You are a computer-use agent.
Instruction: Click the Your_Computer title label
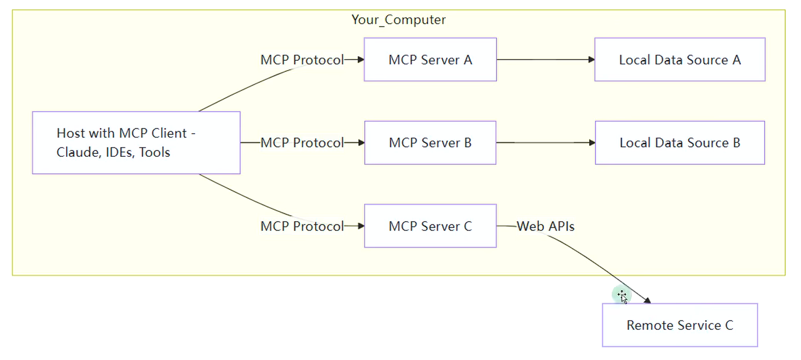tap(398, 20)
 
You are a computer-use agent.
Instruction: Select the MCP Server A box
tap(430, 60)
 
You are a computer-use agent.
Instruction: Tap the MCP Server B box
tap(430, 142)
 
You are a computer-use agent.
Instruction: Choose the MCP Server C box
tap(430, 226)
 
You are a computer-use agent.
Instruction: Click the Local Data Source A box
tap(680, 60)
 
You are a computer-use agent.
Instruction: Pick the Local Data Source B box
tap(680, 142)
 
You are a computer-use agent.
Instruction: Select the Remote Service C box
tap(680, 325)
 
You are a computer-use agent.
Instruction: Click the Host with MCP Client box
tap(136, 142)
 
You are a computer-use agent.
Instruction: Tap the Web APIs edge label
tap(546, 226)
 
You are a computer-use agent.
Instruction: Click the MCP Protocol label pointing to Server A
tap(302, 60)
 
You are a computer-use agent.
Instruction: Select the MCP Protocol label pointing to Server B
tap(302, 142)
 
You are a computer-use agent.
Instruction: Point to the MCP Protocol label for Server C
tap(302, 226)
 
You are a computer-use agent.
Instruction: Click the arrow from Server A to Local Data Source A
tap(546, 60)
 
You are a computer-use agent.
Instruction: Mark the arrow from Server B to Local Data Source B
tap(546, 142)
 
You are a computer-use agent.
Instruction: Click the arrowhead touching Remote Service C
tap(647, 300)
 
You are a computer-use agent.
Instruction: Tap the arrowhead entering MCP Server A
tap(361, 60)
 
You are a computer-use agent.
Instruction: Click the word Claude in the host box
tap(78, 152)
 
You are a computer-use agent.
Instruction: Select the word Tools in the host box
tap(155, 152)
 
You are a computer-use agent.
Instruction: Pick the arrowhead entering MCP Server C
tap(361, 226)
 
